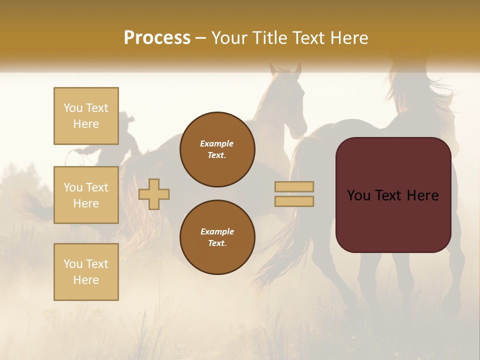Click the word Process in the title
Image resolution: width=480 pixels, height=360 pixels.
pyautogui.click(x=157, y=38)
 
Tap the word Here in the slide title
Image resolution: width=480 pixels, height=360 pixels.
pyautogui.click(x=348, y=38)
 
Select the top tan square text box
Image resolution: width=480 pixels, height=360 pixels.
pyautogui.click(x=86, y=116)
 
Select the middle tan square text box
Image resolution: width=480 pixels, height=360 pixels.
pyautogui.click(x=86, y=195)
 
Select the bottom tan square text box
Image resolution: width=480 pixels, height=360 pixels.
pyautogui.click(x=86, y=272)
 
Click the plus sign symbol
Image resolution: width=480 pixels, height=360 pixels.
pyautogui.click(x=154, y=194)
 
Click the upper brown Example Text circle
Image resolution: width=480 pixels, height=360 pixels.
pyautogui.click(x=217, y=149)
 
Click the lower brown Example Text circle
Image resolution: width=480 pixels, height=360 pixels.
pyautogui.click(x=217, y=237)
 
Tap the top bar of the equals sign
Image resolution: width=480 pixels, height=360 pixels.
pyautogui.click(x=294, y=186)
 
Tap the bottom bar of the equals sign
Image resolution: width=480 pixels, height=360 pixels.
pyautogui.click(x=294, y=201)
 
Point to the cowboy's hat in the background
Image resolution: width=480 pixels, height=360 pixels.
pyautogui.click(x=126, y=118)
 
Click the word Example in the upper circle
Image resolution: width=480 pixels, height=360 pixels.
pyautogui.click(x=217, y=143)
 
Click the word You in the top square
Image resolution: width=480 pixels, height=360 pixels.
pyautogui.click(x=73, y=108)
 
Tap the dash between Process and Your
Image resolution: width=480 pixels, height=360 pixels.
pyautogui.click(x=201, y=38)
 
